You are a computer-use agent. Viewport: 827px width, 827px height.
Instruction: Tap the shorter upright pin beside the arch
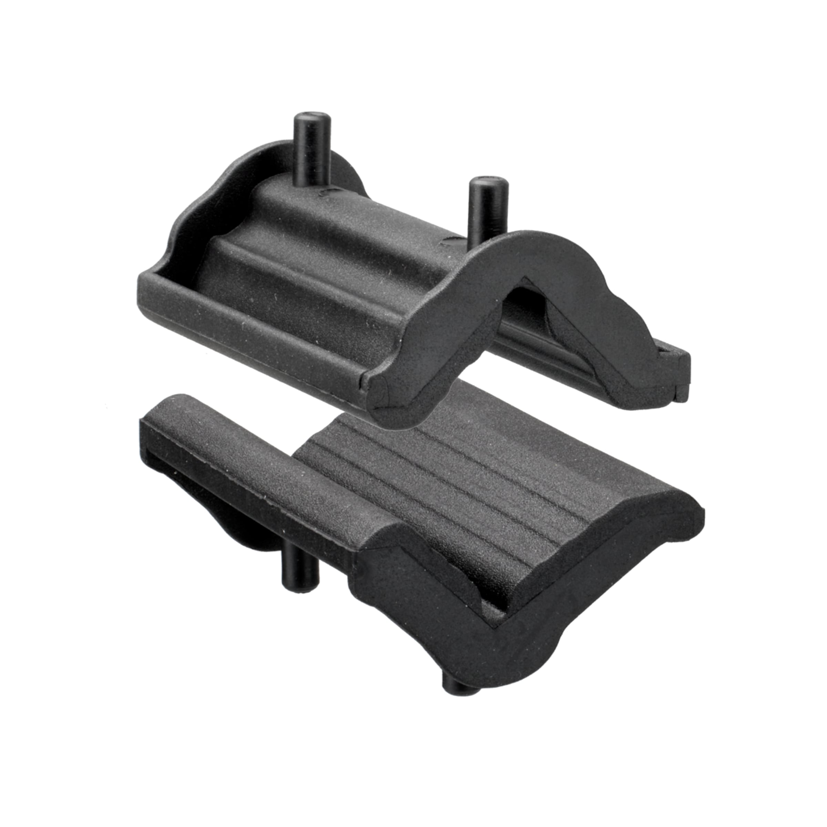coord(488,210)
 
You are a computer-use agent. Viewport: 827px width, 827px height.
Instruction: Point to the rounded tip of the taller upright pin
coord(312,116)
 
